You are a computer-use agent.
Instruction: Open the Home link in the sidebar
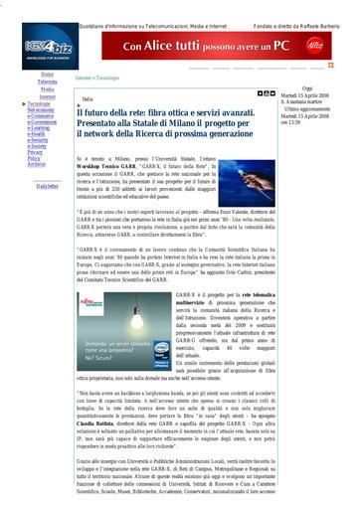[x=48, y=75]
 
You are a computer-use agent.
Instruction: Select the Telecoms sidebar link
[x=47, y=82]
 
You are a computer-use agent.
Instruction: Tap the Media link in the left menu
[x=47, y=88]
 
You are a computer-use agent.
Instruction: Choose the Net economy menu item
[x=42, y=109]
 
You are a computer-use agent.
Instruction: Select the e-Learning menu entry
[x=40, y=127]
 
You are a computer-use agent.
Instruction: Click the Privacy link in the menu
[x=35, y=151]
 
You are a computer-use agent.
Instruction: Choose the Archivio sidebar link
[x=35, y=163]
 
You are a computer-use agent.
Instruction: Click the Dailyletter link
[x=47, y=186]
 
